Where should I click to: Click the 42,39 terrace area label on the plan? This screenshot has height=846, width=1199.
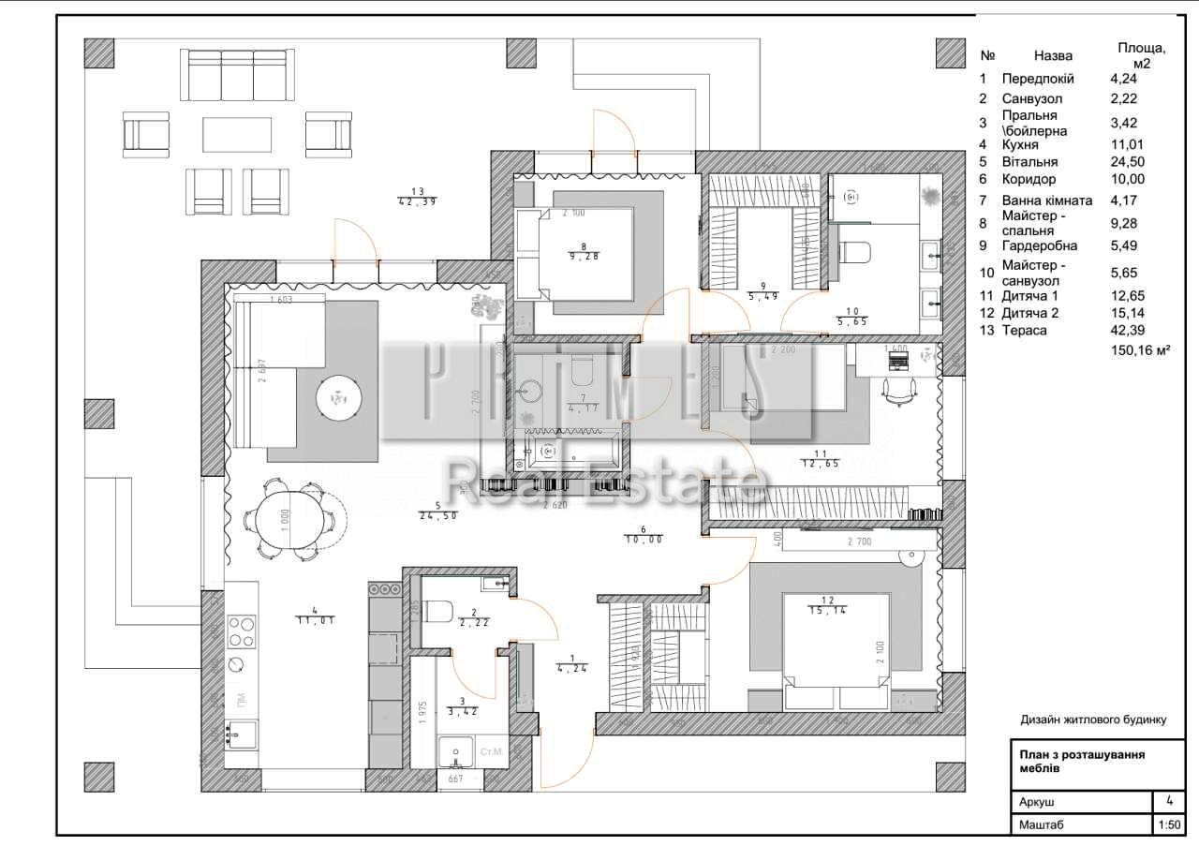pyautogui.click(x=417, y=201)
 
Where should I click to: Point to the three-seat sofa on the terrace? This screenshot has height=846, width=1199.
pyautogui.click(x=237, y=75)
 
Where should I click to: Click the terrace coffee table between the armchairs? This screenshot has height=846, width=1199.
pyautogui.click(x=237, y=134)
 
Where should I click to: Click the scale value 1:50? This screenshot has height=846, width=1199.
pyautogui.click(x=1168, y=825)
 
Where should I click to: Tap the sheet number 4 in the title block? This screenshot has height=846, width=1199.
pyautogui.click(x=1168, y=801)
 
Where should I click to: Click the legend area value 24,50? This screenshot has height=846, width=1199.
pyautogui.click(x=1125, y=161)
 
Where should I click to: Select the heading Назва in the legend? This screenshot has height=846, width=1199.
pyautogui.click(x=1053, y=55)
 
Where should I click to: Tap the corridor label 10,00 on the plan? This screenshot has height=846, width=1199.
pyautogui.click(x=644, y=540)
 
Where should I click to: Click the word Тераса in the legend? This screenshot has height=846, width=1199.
pyautogui.click(x=1024, y=330)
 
